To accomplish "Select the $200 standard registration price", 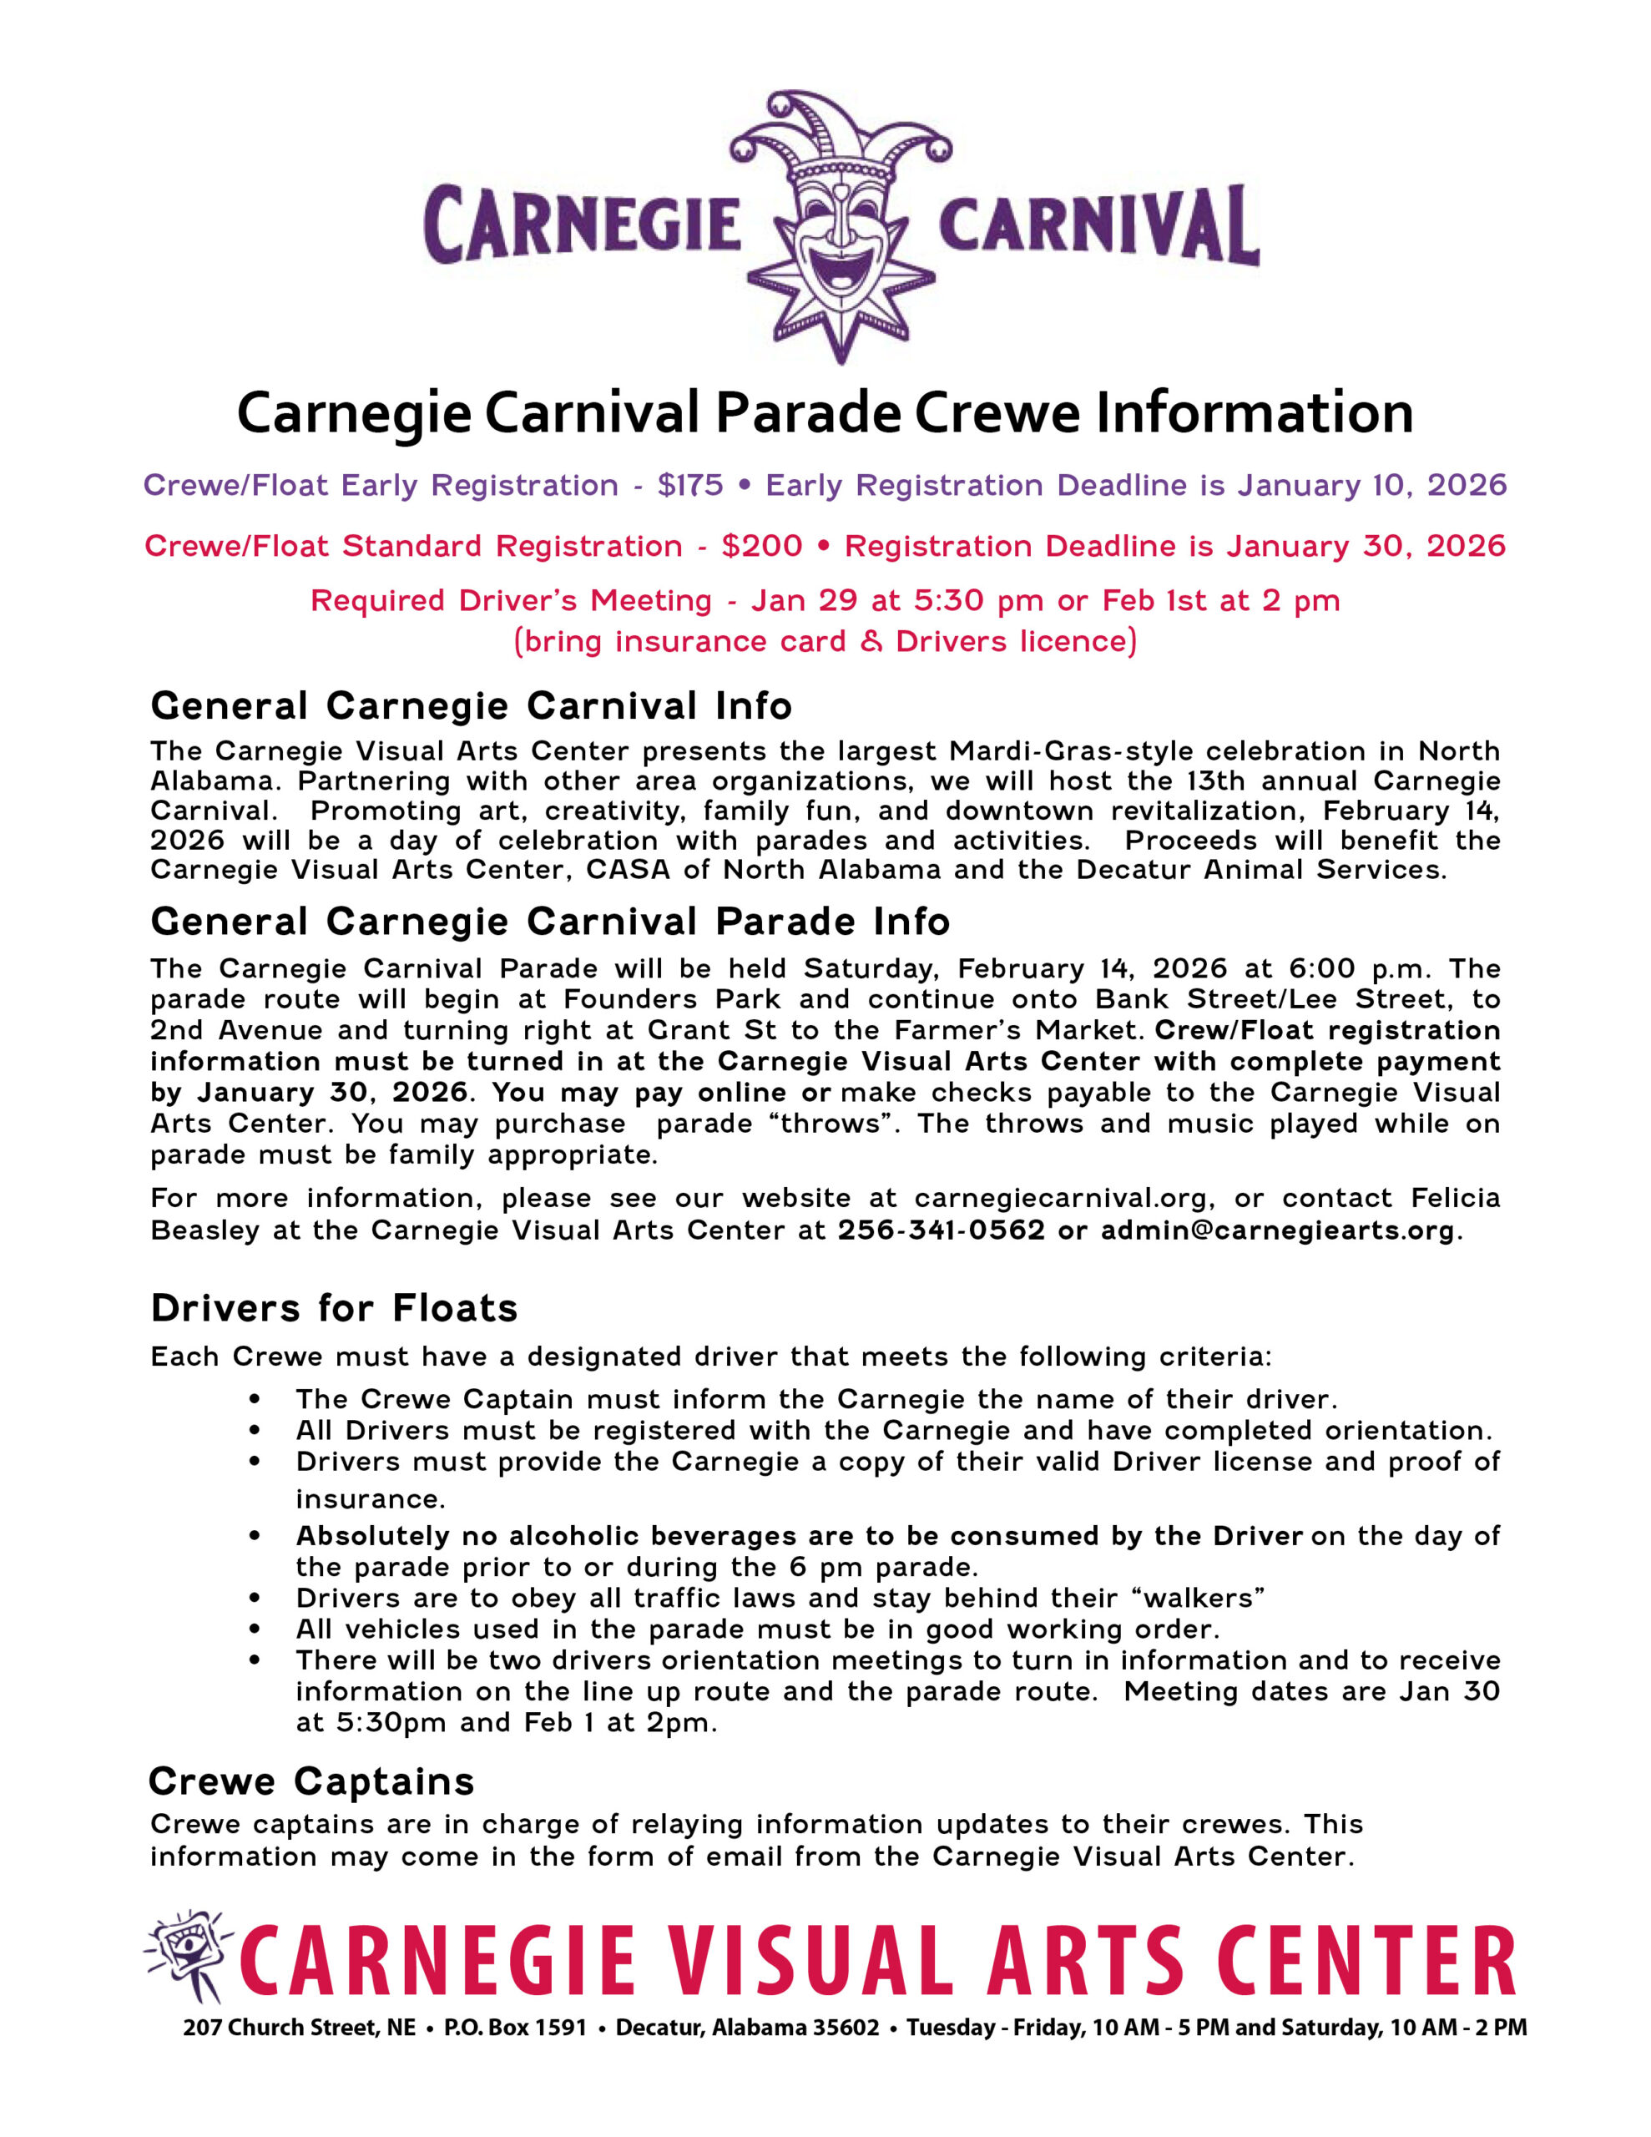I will [x=761, y=546].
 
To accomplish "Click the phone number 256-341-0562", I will [x=941, y=1230].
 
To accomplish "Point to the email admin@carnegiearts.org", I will [x=1277, y=1230].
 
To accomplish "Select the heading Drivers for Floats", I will [x=334, y=1308].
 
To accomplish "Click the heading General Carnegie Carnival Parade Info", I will [x=550, y=922].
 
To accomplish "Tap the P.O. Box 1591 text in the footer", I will [x=515, y=2028].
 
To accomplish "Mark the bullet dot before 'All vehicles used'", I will [x=255, y=1629].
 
